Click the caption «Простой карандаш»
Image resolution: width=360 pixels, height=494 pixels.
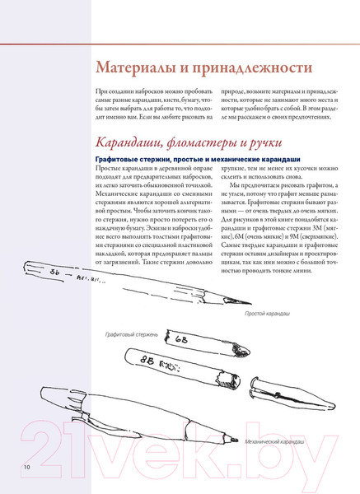tap(268, 315)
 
